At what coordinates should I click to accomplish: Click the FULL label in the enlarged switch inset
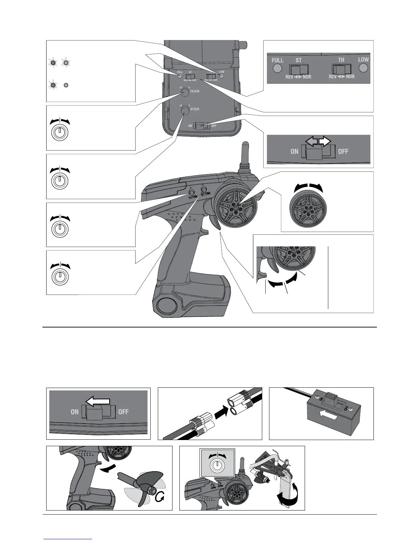tap(277, 60)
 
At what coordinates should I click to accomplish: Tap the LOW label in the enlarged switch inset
tap(363, 60)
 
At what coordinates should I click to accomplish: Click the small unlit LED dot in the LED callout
tap(66, 85)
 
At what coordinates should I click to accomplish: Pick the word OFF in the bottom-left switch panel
tap(123, 412)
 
